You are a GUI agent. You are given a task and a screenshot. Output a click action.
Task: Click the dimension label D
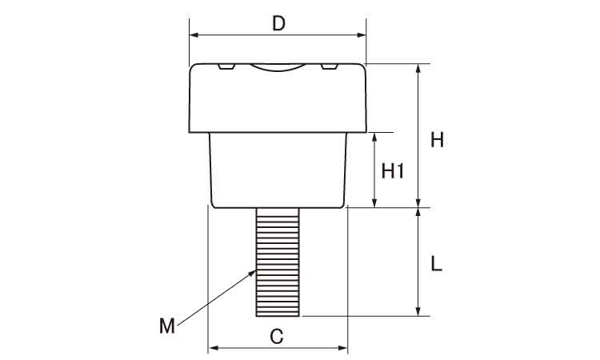coord(278,24)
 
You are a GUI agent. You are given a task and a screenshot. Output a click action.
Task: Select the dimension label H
coord(437,140)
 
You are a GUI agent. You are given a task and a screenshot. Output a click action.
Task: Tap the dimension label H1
coord(393,171)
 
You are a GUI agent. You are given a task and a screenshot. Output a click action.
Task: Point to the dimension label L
coord(437,264)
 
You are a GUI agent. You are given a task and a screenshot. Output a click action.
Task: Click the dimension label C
coord(277,337)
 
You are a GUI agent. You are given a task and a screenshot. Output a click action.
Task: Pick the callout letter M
coord(167,326)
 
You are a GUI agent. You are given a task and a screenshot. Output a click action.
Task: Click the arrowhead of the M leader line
coord(253,272)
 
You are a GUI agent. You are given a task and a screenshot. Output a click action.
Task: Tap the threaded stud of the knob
coord(278,262)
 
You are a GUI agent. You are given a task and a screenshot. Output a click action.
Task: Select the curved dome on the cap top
coord(278,68)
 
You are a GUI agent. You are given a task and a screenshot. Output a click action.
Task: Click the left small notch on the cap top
coord(226,66)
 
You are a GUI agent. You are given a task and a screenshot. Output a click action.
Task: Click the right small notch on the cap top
coord(330,66)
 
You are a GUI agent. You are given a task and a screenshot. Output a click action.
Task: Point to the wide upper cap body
coord(278,98)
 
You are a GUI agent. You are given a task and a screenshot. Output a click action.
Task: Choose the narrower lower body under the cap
coord(278,170)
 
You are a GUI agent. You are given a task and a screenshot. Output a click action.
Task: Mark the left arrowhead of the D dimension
coord(194,35)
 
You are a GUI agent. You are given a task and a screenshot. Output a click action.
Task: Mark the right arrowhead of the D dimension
coord(362,35)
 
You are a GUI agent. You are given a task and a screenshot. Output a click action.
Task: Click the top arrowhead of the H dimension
coord(418,69)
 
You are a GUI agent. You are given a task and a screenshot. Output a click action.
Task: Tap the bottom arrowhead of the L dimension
coord(418,311)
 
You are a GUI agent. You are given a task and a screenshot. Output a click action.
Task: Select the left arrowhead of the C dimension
coord(213,348)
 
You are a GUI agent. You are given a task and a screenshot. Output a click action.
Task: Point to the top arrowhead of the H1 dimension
coord(374,138)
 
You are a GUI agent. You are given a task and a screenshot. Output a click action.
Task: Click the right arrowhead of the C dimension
coord(343,348)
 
